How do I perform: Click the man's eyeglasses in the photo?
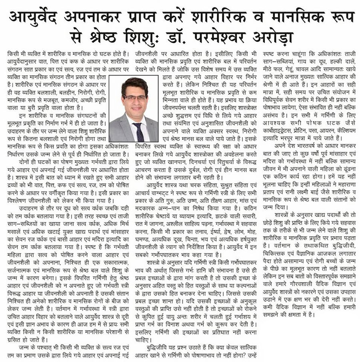click(135, 97)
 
